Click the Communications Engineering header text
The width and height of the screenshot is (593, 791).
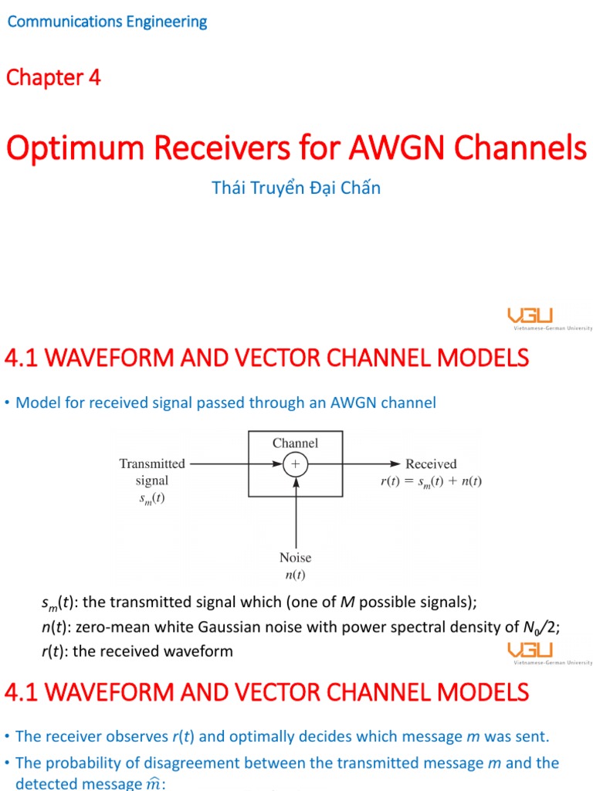pyautogui.click(x=107, y=22)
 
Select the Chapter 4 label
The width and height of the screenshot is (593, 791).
pyautogui.click(x=53, y=77)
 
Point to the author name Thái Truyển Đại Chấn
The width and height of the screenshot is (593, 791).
pyautogui.click(x=296, y=188)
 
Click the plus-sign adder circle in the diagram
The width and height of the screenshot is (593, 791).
pyautogui.click(x=295, y=464)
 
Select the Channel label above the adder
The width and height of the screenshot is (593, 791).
pyautogui.click(x=295, y=443)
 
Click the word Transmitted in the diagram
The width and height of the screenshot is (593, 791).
pyautogui.click(x=152, y=463)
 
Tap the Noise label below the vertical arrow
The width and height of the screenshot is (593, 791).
pyautogui.click(x=295, y=558)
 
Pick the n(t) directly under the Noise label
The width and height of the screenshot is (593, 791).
pyautogui.click(x=295, y=575)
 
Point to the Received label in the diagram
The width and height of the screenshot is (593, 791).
pyautogui.click(x=431, y=464)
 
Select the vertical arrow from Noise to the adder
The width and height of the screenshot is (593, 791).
pyautogui.click(x=295, y=514)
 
